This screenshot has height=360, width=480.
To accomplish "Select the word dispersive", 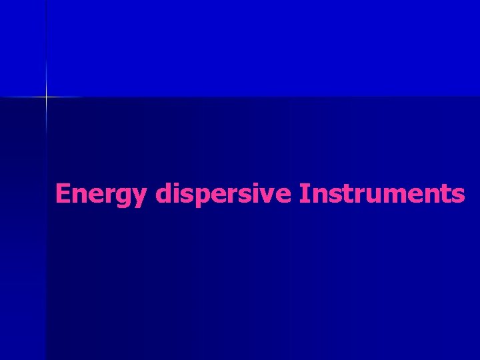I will point(224,194).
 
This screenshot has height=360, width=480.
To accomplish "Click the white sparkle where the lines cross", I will point(46,97).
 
